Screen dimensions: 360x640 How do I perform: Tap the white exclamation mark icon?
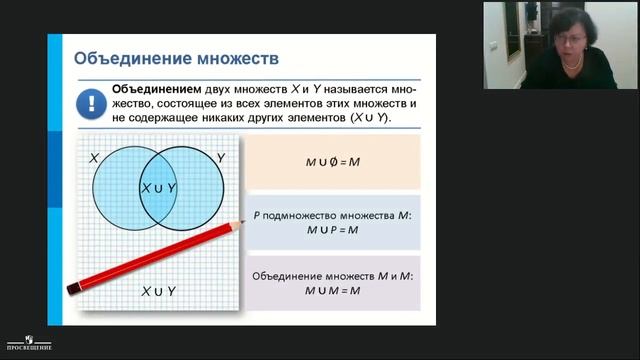[x=89, y=102]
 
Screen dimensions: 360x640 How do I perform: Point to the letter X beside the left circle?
[x=93, y=157]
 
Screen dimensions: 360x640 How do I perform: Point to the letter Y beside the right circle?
[x=220, y=157]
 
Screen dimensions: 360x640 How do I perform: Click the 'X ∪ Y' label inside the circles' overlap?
[x=158, y=187]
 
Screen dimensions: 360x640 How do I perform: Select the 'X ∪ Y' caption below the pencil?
[x=158, y=291]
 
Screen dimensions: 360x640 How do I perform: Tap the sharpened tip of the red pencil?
[x=242, y=221]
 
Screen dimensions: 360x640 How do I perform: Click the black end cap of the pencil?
[x=73, y=289]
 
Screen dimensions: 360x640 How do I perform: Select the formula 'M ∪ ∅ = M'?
[x=332, y=161]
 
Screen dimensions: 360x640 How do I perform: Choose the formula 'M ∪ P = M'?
[x=332, y=230]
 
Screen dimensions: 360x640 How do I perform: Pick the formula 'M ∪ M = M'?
[x=332, y=290]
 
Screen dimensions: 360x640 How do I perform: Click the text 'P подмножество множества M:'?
[x=332, y=215]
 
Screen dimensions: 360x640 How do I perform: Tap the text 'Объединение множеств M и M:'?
[x=332, y=275]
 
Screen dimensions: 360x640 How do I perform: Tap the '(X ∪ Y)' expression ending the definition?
[x=369, y=117]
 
